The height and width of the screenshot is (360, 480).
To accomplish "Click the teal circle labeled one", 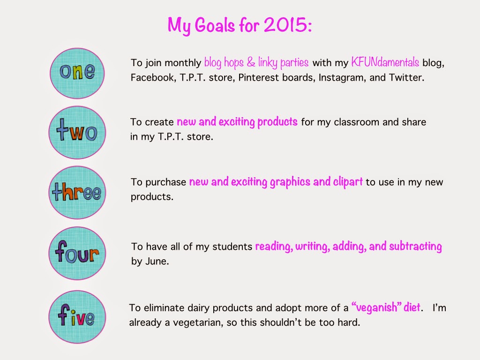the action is tap(77, 73).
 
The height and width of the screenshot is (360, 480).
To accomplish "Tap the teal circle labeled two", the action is tap(77, 133).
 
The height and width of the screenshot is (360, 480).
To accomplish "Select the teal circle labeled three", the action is tap(77, 193).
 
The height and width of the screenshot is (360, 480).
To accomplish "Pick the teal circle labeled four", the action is tap(77, 253).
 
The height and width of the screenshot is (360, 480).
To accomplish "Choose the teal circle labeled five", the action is tap(77, 317).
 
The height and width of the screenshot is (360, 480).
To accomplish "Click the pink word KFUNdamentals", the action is tap(385, 62).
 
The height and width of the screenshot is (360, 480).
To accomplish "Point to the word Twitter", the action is tap(406, 77).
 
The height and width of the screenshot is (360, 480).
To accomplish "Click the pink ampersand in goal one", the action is tap(251, 62).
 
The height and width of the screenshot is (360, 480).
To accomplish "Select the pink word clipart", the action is tap(348, 182).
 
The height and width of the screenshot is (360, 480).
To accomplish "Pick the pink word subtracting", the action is tap(415, 247).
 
